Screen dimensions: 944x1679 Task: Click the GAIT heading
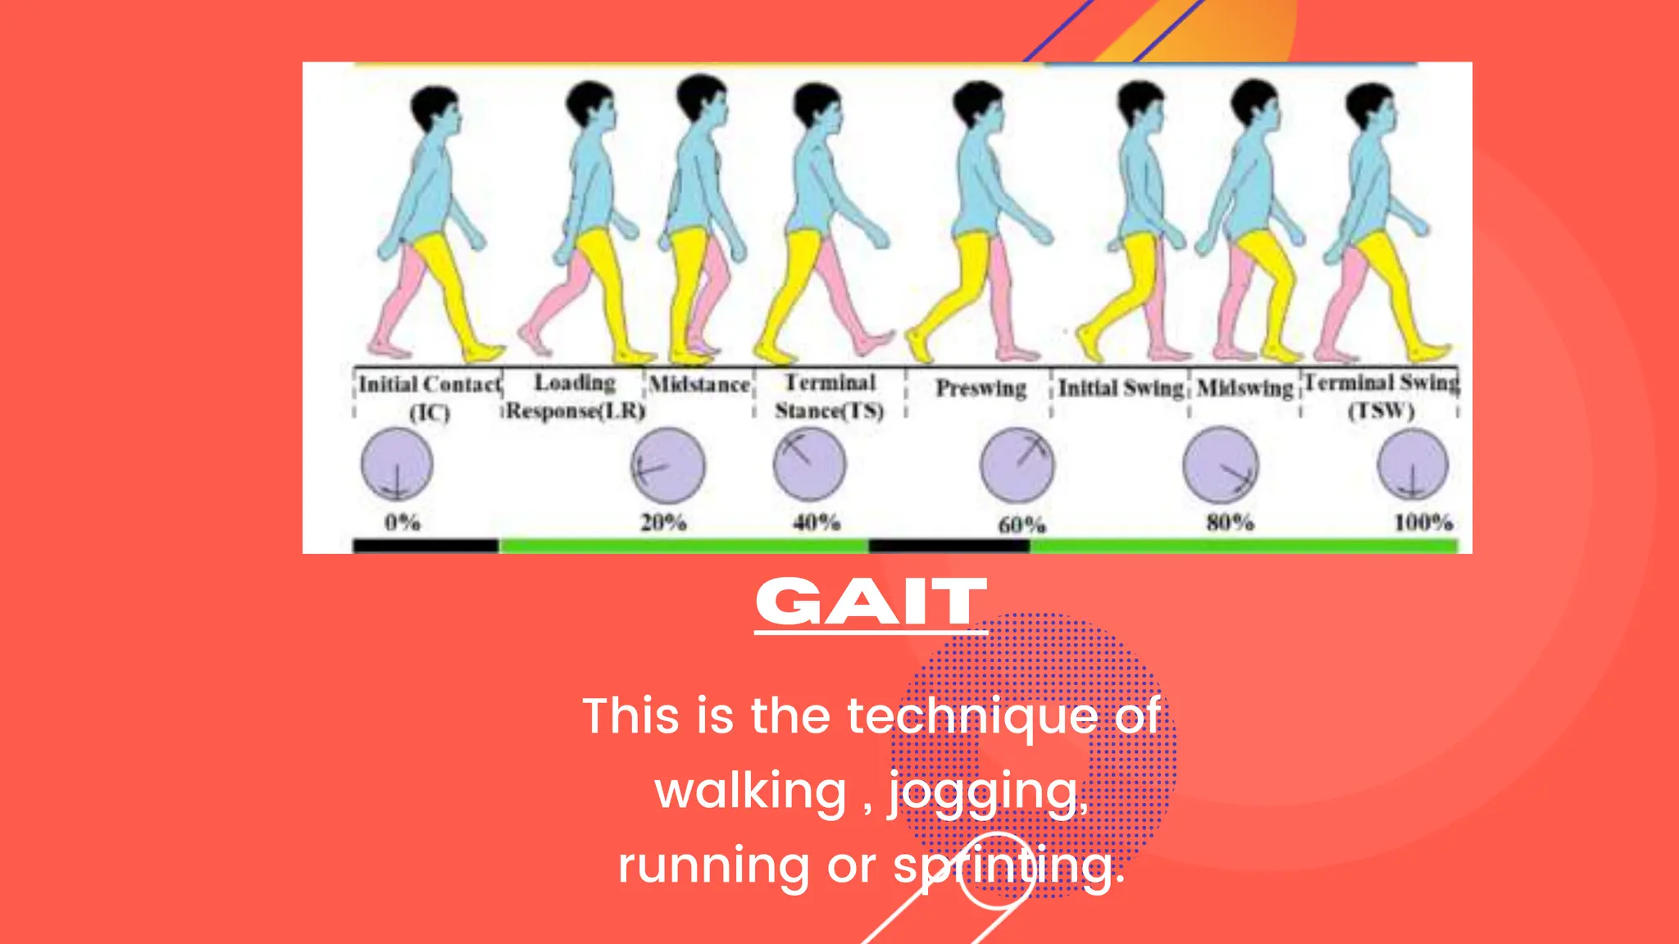[x=871, y=602]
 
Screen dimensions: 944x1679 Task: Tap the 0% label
[x=403, y=522]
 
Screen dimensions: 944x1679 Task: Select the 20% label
[x=663, y=522]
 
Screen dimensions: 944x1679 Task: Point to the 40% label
[x=817, y=522]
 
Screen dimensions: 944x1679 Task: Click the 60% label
[x=1022, y=524]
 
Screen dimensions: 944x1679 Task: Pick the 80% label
[x=1230, y=522]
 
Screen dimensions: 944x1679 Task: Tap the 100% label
[x=1423, y=522]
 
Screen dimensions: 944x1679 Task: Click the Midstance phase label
[x=699, y=384]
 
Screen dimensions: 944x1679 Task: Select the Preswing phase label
[x=981, y=388]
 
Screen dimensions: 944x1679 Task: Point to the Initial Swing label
[x=1121, y=388]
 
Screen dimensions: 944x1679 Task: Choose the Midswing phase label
[x=1244, y=388]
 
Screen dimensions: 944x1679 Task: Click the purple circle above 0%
[x=397, y=465]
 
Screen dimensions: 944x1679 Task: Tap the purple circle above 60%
[x=1017, y=465]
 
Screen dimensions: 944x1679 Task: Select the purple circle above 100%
[x=1413, y=465]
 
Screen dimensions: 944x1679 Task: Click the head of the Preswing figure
[x=979, y=107]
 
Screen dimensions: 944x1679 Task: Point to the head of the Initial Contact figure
[x=435, y=111]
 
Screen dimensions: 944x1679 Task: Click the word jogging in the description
[x=989, y=792]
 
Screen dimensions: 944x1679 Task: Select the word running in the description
[x=713, y=866]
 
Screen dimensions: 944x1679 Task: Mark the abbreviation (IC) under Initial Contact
[x=430, y=411]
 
